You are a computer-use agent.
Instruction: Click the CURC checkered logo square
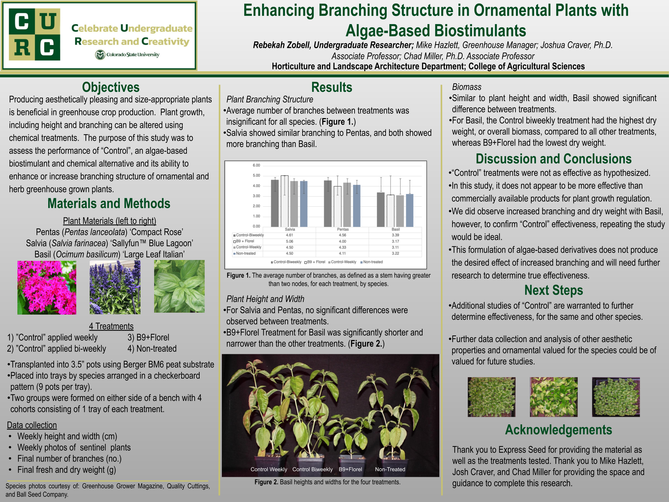click(35, 34)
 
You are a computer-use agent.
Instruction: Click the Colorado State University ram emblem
click(100, 55)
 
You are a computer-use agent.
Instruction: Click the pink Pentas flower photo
click(47, 288)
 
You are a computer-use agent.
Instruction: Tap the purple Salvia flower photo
click(115, 287)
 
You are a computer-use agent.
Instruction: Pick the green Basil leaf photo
click(179, 286)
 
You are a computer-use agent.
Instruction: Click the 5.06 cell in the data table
click(290, 241)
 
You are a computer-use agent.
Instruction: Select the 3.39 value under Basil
click(395, 235)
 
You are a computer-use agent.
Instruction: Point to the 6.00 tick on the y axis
click(256, 165)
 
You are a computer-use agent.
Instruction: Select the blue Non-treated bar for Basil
click(409, 210)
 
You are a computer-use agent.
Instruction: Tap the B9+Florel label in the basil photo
click(350, 469)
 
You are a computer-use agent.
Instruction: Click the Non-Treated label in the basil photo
click(390, 469)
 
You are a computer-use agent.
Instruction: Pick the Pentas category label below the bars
click(343, 229)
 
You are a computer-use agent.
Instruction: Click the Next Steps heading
click(553, 290)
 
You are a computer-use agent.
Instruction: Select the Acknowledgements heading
click(558, 430)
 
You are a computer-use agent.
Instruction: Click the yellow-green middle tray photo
click(553, 397)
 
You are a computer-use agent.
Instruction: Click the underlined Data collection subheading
click(32, 425)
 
